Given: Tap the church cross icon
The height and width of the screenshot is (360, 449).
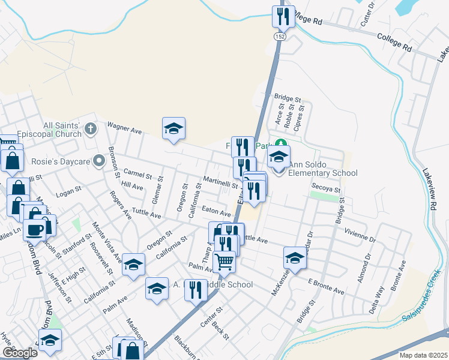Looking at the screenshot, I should coord(90,128).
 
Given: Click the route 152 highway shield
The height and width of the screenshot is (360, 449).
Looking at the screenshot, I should coord(279,37).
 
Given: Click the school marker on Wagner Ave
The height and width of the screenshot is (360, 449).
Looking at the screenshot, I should coord(173,128).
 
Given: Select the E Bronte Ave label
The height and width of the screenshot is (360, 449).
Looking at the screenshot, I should coord(326,286).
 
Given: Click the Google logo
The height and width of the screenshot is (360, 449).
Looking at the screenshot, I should coord(20,353).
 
